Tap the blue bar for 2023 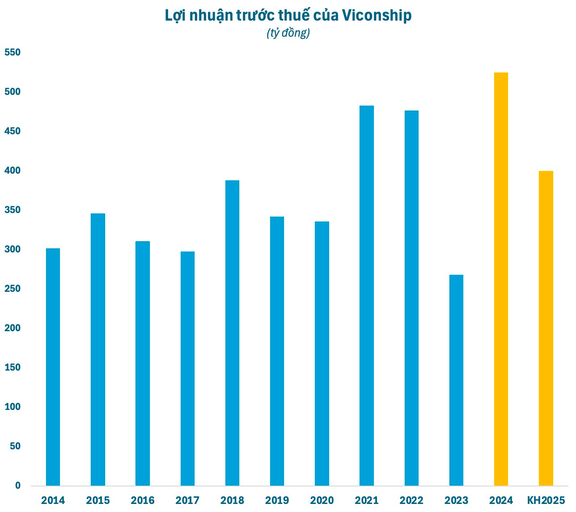(456, 380)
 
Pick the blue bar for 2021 (367, 295)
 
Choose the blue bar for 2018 (232, 333)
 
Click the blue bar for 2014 (53, 367)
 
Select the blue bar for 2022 (411, 298)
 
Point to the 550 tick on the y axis (13, 52)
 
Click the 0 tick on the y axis (18, 486)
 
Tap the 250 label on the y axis (13, 289)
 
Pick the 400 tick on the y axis (13, 171)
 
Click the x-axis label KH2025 (546, 500)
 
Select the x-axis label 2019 (277, 500)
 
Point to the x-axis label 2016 (143, 500)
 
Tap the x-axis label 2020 (322, 500)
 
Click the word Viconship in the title (377, 16)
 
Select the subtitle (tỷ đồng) (288, 33)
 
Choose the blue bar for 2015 (98, 349)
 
